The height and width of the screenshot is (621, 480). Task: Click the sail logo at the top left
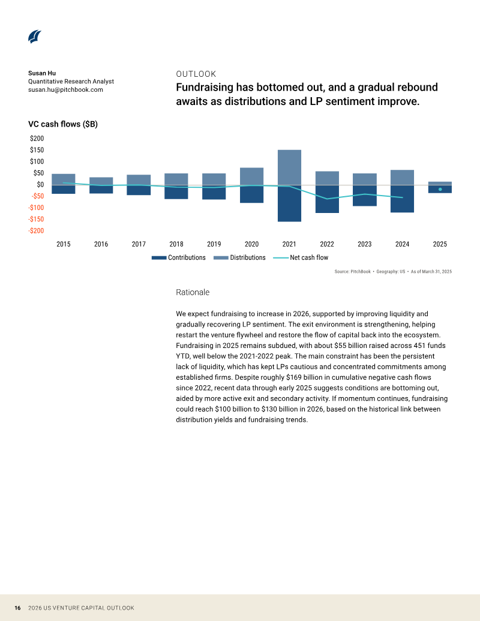point(35,37)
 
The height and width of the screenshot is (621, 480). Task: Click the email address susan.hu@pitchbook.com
point(65,89)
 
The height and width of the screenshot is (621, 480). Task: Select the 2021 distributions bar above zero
point(290,167)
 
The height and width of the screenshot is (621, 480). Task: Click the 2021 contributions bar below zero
point(290,203)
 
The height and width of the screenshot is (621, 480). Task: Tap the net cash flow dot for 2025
point(440,190)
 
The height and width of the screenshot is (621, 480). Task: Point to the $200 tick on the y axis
point(37,138)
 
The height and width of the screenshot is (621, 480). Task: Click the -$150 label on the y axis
point(36,219)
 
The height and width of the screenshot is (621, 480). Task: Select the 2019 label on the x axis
point(214,244)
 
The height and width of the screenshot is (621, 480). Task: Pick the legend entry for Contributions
point(179,257)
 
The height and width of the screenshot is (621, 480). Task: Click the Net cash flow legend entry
point(301,257)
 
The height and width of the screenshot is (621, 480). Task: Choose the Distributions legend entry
point(239,257)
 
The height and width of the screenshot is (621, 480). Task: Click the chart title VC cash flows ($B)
point(63,124)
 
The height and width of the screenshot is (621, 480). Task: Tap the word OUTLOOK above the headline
point(196,74)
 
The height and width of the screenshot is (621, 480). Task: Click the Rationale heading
point(193,292)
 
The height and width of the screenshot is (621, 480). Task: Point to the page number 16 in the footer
point(17,608)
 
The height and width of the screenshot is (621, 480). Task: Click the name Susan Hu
point(42,73)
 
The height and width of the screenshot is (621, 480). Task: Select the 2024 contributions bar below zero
point(403,199)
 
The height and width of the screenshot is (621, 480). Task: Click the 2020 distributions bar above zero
point(252,176)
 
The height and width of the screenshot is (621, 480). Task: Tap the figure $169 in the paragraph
point(293,377)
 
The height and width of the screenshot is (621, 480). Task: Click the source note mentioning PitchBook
point(393,272)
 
